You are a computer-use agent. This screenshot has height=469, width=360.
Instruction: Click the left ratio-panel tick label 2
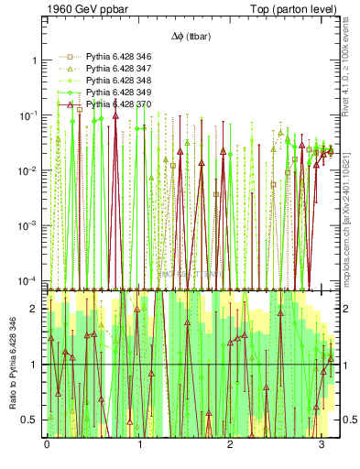click(36, 309)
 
